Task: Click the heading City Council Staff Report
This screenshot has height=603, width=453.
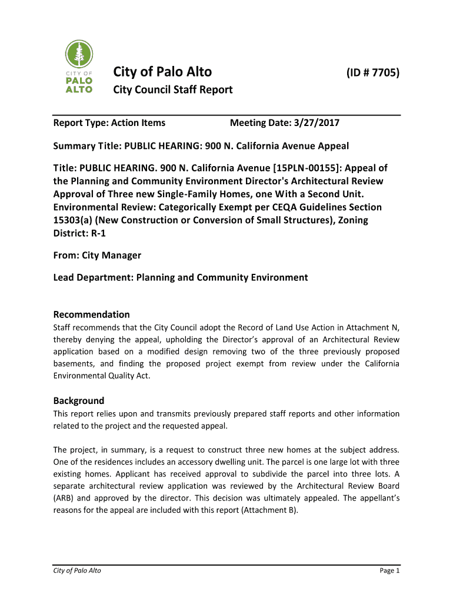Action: click(x=172, y=90)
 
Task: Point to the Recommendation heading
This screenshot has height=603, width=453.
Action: click(x=91, y=314)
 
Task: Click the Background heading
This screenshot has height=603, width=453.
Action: click(x=78, y=400)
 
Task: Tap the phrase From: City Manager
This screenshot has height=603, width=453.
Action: click(x=97, y=256)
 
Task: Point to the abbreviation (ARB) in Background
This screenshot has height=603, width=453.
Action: click(x=65, y=498)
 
